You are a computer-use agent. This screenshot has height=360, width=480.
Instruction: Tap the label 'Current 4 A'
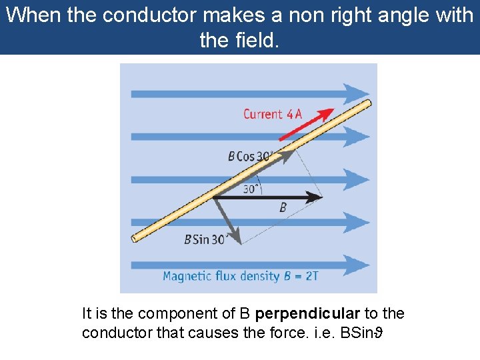[272, 114]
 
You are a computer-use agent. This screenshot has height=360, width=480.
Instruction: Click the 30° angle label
[251, 189]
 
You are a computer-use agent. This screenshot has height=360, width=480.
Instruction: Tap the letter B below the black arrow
[283, 208]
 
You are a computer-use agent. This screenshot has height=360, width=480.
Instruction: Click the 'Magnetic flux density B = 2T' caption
[240, 275]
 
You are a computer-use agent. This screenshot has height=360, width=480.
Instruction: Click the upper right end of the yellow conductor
[367, 103]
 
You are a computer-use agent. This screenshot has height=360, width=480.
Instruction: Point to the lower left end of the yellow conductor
[135, 237]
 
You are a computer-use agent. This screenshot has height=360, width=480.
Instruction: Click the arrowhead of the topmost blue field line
[357, 93]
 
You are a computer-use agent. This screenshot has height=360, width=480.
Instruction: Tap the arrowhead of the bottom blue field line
[357, 265]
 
